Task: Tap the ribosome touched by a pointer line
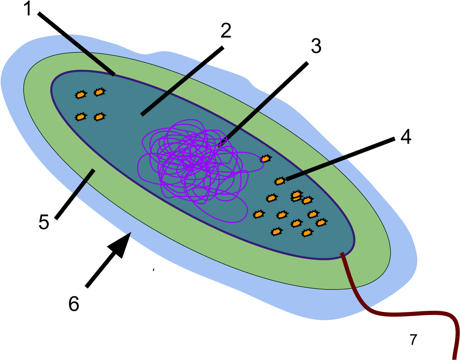click(280, 181)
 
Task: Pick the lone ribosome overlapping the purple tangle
click(265, 159)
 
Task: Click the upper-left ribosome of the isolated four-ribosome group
click(81, 95)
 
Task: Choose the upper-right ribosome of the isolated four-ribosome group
click(100, 92)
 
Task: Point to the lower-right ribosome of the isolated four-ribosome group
click(100, 117)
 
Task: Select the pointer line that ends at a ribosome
click(316, 168)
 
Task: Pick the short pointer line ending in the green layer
click(84, 182)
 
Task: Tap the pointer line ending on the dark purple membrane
click(88, 54)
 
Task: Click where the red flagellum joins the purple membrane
click(342, 254)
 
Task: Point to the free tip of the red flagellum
click(454, 358)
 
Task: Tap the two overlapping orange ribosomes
click(296, 196)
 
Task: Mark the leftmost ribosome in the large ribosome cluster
click(258, 214)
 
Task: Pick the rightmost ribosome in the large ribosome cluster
click(321, 222)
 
